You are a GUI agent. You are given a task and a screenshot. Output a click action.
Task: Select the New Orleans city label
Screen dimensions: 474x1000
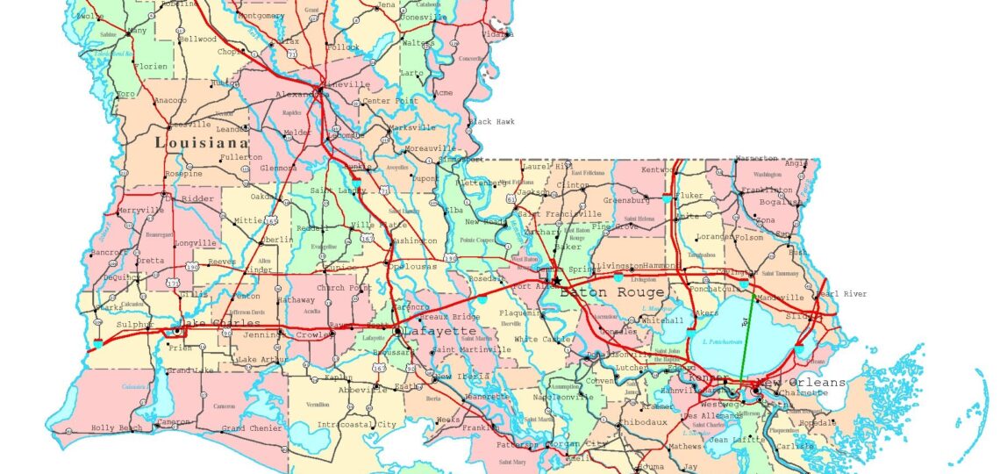(x=804, y=383)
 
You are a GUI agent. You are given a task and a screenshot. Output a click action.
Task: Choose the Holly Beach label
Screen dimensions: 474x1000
(x=117, y=428)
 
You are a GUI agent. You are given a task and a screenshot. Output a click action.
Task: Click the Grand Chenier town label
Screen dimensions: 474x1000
(x=252, y=428)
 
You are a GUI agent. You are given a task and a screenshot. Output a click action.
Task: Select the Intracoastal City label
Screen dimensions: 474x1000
(x=357, y=425)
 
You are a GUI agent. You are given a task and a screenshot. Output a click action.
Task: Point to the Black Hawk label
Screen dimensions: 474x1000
(x=491, y=121)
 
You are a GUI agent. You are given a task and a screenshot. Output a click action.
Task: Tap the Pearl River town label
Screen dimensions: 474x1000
(x=841, y=294)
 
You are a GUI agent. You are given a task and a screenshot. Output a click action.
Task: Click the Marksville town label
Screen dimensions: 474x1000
(x=412, y=127)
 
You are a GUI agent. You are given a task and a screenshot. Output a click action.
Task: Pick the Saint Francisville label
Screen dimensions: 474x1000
(x=560, y=213)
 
